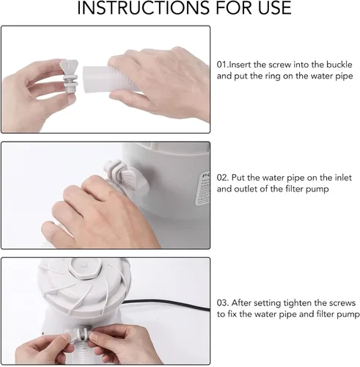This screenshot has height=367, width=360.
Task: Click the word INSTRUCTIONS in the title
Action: coord(143,7)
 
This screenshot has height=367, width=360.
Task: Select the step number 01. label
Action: coord(222,65)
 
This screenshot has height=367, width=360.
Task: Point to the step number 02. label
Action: coord(223,178)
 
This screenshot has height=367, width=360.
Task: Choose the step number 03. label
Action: coord(223,302)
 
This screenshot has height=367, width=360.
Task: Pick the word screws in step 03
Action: coord(342,303)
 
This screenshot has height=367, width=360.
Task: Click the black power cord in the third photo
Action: coord(166,303)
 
